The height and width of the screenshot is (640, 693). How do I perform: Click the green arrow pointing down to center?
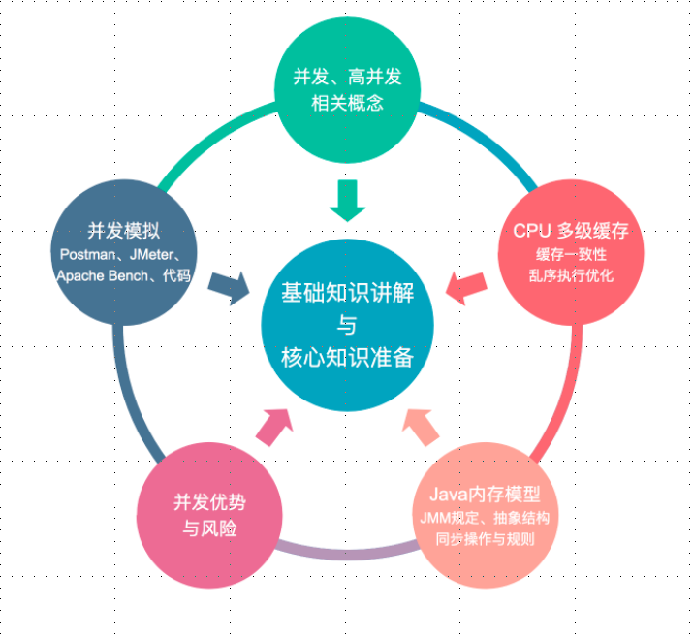coord(346,200)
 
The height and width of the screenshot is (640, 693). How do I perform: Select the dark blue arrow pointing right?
coord(229,287)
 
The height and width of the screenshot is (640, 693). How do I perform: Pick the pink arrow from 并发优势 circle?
coord(275,425)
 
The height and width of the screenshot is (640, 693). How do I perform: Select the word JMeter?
coord(155,255)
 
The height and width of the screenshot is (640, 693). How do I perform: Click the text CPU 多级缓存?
coord(571,232)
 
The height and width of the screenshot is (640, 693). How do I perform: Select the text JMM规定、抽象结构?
coord(485,518)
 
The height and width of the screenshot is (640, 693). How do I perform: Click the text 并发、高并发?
coord(346,76)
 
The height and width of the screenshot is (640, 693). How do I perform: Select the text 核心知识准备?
coord(346,357)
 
